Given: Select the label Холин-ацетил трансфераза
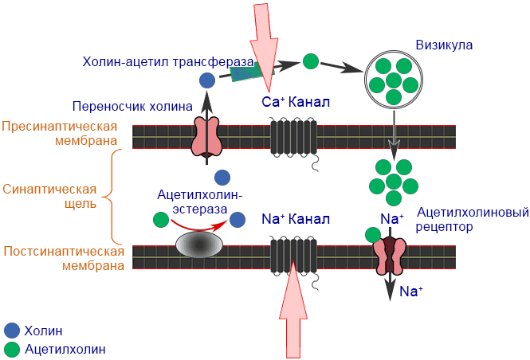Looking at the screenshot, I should (168, 62).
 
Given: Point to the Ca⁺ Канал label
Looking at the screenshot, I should (296, 103).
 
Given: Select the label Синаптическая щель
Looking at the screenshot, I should (50, 196).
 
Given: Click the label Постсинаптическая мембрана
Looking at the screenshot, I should (64, 258).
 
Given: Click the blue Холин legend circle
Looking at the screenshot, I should (12, 331).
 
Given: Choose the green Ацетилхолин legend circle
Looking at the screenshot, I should (12, 348).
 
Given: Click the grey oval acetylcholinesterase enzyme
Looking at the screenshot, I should (199, 244).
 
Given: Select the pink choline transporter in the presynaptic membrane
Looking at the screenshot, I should (206, 136).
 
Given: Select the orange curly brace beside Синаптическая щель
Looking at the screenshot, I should (116, 196).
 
